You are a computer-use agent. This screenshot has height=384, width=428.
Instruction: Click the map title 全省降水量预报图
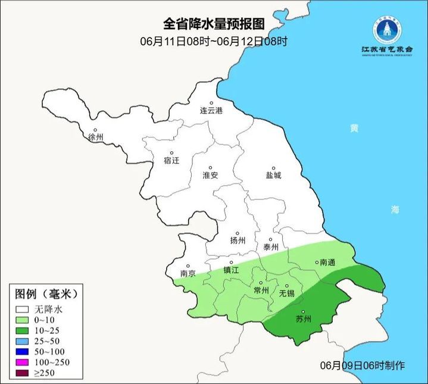click(214, 24)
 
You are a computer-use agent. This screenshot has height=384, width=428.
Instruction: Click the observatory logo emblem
click(386, 30)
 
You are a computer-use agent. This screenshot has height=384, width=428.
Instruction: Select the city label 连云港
click(210, 111)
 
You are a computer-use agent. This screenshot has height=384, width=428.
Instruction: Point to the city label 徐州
click(95, 137)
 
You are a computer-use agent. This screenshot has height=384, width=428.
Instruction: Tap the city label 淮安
click(210, 175)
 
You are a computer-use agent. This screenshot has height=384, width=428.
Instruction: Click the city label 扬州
click(238, 241)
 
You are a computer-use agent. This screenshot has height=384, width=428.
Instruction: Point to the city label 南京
click(188, 274)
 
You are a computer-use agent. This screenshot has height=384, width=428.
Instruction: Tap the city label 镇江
click(231, 270)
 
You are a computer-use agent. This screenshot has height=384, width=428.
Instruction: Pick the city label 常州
click(261, 290)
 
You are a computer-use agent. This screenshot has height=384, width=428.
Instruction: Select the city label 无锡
click(287, 293)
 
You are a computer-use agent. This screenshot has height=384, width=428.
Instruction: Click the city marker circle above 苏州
click(303, 312)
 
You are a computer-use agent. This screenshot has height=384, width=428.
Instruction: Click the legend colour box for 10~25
click(23, 330)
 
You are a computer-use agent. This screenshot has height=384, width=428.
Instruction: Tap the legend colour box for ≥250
click(23, 373)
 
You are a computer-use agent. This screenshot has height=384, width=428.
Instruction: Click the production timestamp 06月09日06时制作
click(354, 365)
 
